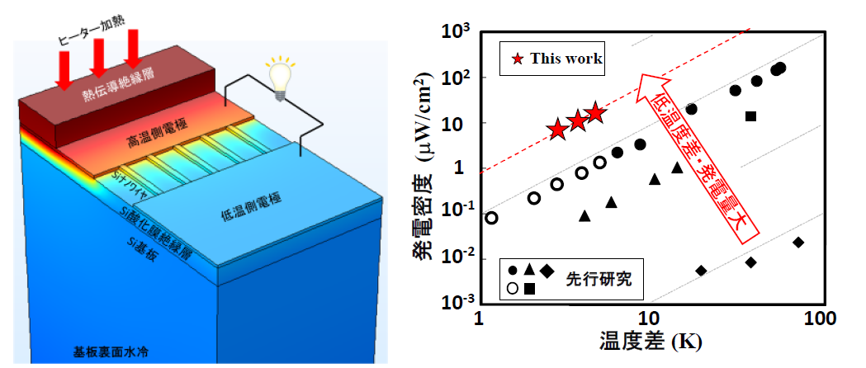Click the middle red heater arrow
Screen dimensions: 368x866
point(97,62)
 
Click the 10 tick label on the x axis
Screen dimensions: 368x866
point(649,318)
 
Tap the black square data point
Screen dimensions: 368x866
point(750,116)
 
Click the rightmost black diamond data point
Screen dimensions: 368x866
point(798,242)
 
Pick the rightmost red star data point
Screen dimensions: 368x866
point(595,114)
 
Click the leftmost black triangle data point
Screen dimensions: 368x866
point(584,216)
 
